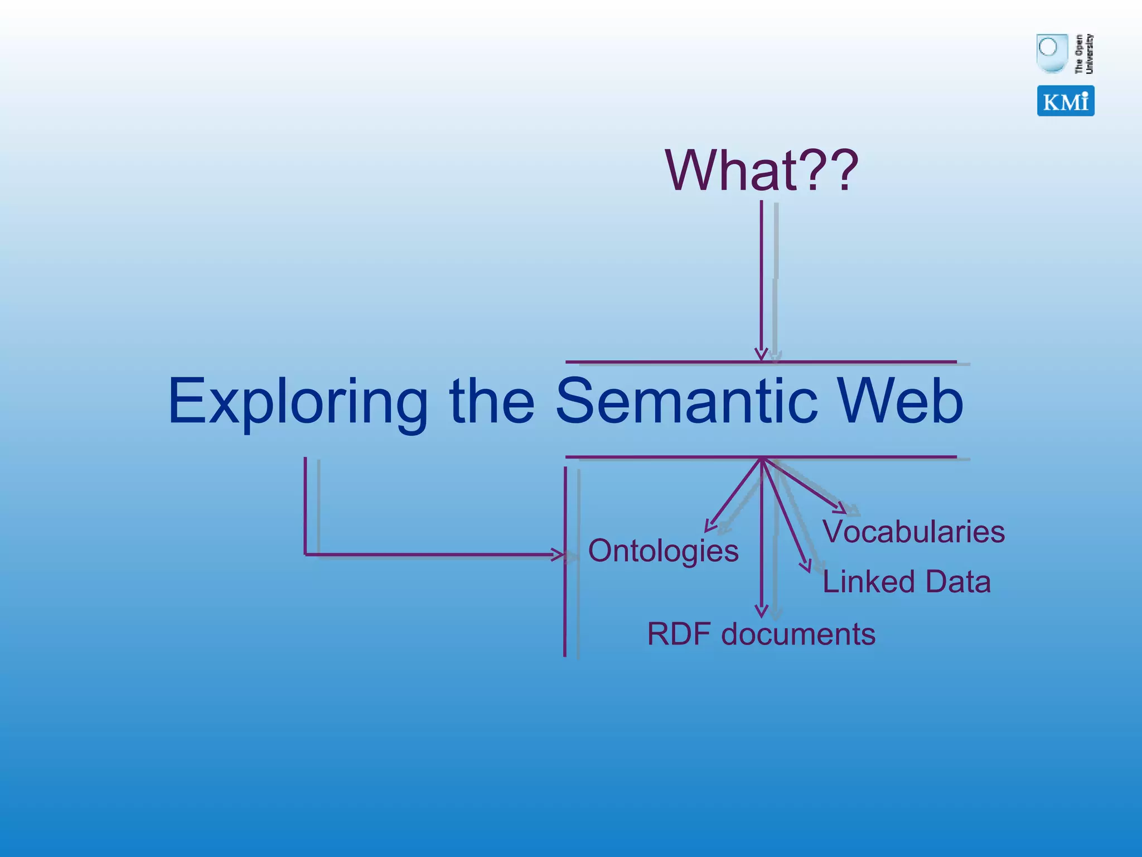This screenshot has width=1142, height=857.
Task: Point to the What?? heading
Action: [x=762, y=170]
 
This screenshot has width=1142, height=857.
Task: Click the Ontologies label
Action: [x=663, y=551]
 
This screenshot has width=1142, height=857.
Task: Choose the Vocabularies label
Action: [x=913, y=531]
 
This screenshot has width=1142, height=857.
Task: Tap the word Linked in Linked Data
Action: [x=869, y=581]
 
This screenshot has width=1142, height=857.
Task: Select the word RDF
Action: [x=679, y=634]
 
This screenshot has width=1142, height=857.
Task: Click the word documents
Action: [x=798, y=634]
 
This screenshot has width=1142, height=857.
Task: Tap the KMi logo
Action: [x=1065, y=101]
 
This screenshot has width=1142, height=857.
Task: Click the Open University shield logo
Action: [x=1051, y=53]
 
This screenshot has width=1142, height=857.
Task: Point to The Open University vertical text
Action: [x=1084, y=54]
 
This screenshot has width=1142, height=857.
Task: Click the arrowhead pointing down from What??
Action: [x=761, y=355]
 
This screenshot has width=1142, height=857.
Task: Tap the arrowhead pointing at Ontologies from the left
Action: [x=559, y=555]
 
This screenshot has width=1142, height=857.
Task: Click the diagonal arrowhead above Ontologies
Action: [x=709, y=525]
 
